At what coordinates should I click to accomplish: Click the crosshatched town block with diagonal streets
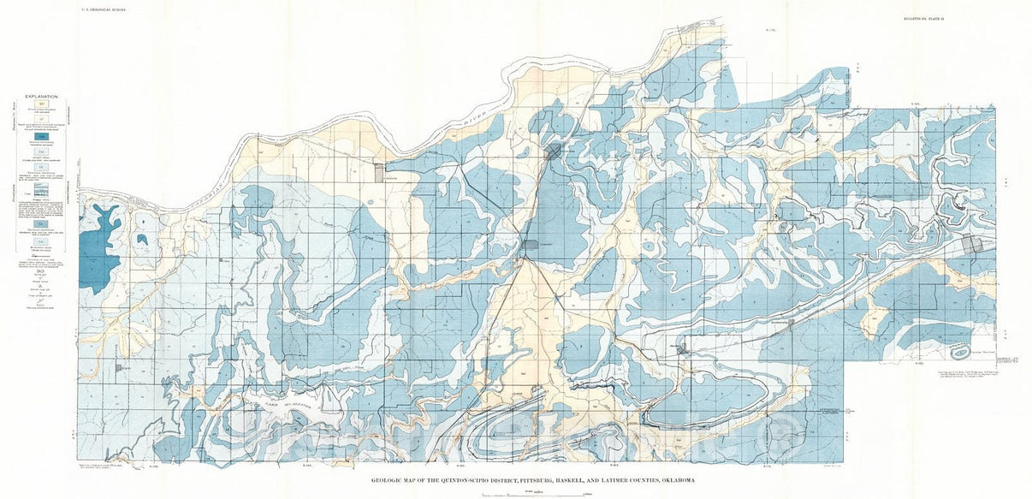(x=554, y=151)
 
